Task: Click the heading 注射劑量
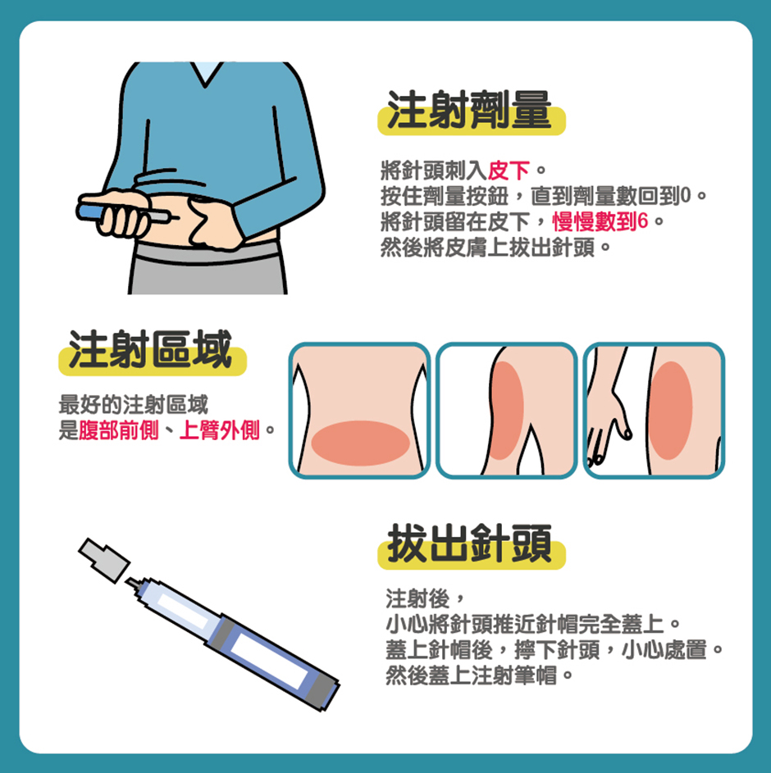pos(470,112)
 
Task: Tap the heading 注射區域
pos(151,352)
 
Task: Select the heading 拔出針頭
pos(470,545)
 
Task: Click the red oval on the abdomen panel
pos(360,443)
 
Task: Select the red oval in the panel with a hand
pos(670,411)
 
